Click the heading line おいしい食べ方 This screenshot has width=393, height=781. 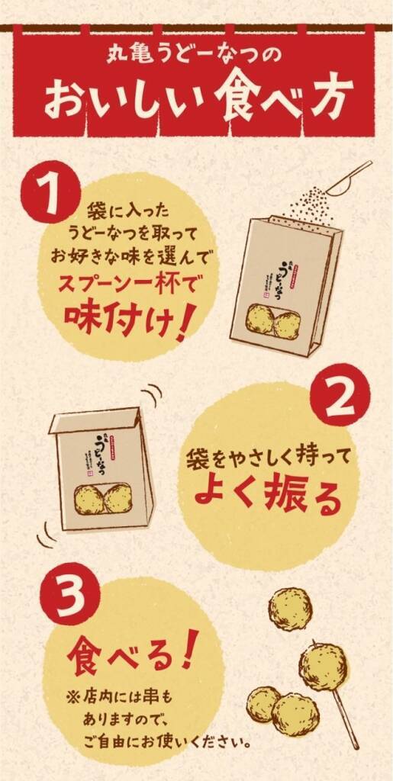197,98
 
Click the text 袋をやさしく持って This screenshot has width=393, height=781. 263,459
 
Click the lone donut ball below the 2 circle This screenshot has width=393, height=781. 290,609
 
